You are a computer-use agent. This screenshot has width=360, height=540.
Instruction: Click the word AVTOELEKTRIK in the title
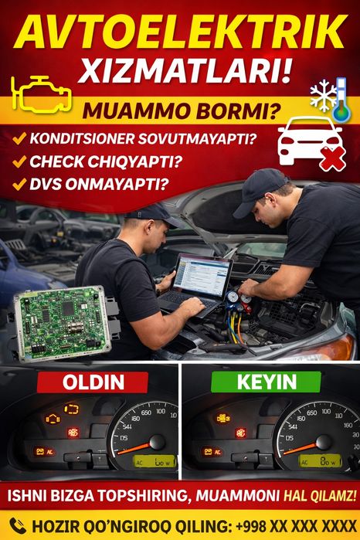[180, 32]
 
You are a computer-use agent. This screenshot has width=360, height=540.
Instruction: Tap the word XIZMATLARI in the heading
[180, 71]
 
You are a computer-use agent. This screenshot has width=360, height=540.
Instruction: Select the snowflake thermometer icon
[330, 99]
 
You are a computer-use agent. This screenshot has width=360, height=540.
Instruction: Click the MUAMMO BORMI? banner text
[181, 111]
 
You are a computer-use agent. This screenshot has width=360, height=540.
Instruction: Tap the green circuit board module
[65, 318]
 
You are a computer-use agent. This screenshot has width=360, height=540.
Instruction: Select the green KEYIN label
[267, 381]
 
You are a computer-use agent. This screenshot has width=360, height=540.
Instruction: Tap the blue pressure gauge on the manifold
[234, 296]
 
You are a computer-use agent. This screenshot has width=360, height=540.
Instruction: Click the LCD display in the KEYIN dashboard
[318, 461]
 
